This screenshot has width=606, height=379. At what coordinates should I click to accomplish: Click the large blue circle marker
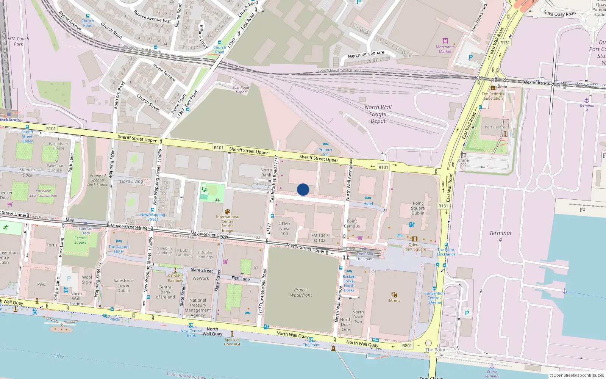pos(303,189)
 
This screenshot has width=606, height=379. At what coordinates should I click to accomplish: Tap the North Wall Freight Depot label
pos(378,114)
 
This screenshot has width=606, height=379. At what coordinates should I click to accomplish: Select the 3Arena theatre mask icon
pos(394,294)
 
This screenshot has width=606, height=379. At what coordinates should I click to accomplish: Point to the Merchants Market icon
pos(445,41)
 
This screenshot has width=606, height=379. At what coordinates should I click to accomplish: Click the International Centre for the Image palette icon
pos(227,212)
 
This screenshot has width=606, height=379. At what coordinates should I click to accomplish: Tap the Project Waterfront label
pos(301,292)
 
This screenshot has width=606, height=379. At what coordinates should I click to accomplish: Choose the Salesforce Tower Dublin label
pos(123,285)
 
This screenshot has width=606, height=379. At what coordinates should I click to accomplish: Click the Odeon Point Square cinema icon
pos(415,239)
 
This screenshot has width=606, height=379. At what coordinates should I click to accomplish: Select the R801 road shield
pos(407,346)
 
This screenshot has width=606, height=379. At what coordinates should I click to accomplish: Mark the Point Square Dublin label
pos(418,208)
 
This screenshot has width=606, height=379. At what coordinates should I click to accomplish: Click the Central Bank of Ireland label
pos(166,292)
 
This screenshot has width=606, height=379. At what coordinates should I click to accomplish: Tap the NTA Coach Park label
pos(18,41)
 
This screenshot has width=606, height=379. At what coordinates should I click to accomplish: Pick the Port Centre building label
pos(495,127)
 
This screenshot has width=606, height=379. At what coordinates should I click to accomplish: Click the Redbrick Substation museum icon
pos(493,88)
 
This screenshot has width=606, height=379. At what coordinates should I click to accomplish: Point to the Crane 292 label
pos(463,163)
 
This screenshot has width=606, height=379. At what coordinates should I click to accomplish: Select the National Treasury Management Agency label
pos(198,307)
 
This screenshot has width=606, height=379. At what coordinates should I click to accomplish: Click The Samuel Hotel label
pos(119,249)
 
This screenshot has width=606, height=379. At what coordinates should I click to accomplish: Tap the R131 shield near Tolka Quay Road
pos(505,43)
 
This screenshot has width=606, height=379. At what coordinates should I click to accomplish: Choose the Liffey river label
pos(58,356)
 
